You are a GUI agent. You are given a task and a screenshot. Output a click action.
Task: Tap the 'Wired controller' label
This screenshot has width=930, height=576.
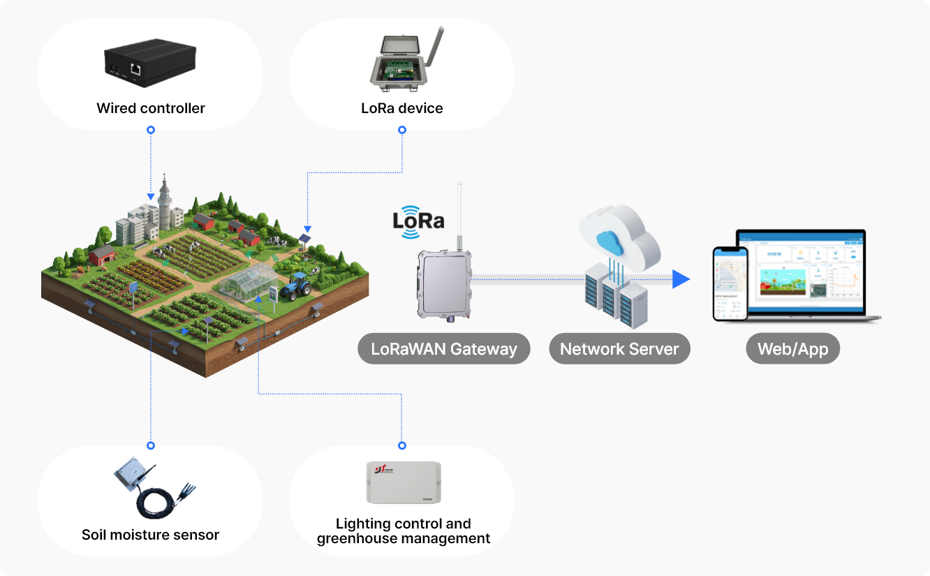pyautogui.click(x=151, y=108)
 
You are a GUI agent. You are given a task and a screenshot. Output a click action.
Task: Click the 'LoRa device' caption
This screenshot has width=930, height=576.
pyautogui.click(x=401, y=108)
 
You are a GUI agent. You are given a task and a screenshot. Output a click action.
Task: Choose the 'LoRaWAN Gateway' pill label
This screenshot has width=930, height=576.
pyautogui.click(x=444, y=349)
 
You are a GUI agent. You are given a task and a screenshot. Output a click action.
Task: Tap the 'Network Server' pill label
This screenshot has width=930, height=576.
pyautogui.click(x=619, y=349)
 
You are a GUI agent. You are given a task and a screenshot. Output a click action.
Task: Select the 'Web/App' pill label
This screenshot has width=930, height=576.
pyautogui.click(x=793, y=349)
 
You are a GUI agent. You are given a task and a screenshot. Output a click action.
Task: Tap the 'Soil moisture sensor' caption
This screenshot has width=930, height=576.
pyautogui.click(x=151, y=536)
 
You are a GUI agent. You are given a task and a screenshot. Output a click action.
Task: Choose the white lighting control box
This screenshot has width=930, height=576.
pyautogui.click(x=404, y=482)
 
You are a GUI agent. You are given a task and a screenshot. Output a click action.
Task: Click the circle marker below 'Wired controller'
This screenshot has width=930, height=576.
pyautogui.click(x=151, y=130)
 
